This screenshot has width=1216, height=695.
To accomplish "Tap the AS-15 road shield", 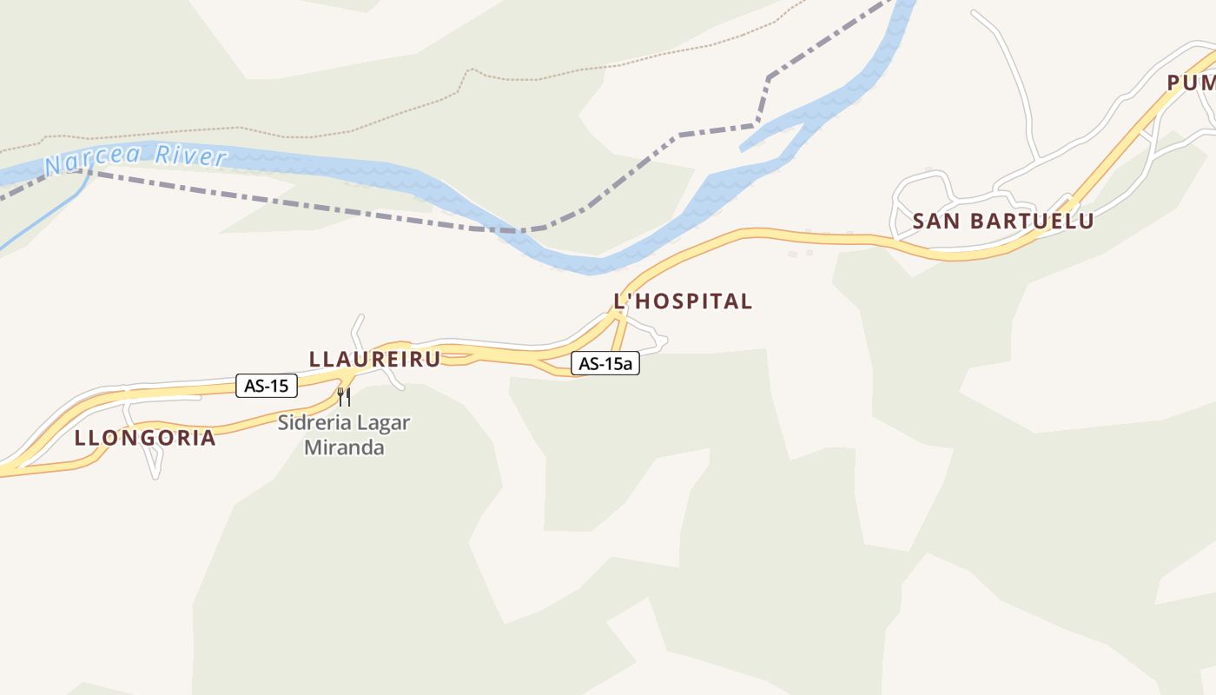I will point(267,386).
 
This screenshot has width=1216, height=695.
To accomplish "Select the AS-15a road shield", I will point(605,364).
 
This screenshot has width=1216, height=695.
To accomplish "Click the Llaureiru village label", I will point(374,359).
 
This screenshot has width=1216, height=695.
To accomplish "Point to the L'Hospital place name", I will point(683,301).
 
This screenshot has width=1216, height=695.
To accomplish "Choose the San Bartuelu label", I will point(1002,222).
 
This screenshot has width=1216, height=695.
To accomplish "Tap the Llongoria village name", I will point(145,438).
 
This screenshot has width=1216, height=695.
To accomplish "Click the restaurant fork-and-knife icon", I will point(344,397).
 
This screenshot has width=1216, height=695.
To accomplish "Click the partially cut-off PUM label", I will point(1191,83).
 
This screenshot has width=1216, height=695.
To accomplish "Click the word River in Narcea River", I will point(191,157).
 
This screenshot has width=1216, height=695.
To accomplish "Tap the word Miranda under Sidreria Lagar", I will point(344,448).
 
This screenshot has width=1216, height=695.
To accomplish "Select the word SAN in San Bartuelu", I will point(936,222).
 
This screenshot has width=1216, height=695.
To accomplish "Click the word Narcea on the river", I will point(95,162).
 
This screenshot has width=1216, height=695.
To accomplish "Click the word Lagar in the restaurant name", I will point(385,423).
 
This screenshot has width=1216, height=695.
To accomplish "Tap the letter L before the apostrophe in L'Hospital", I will point(620,301).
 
